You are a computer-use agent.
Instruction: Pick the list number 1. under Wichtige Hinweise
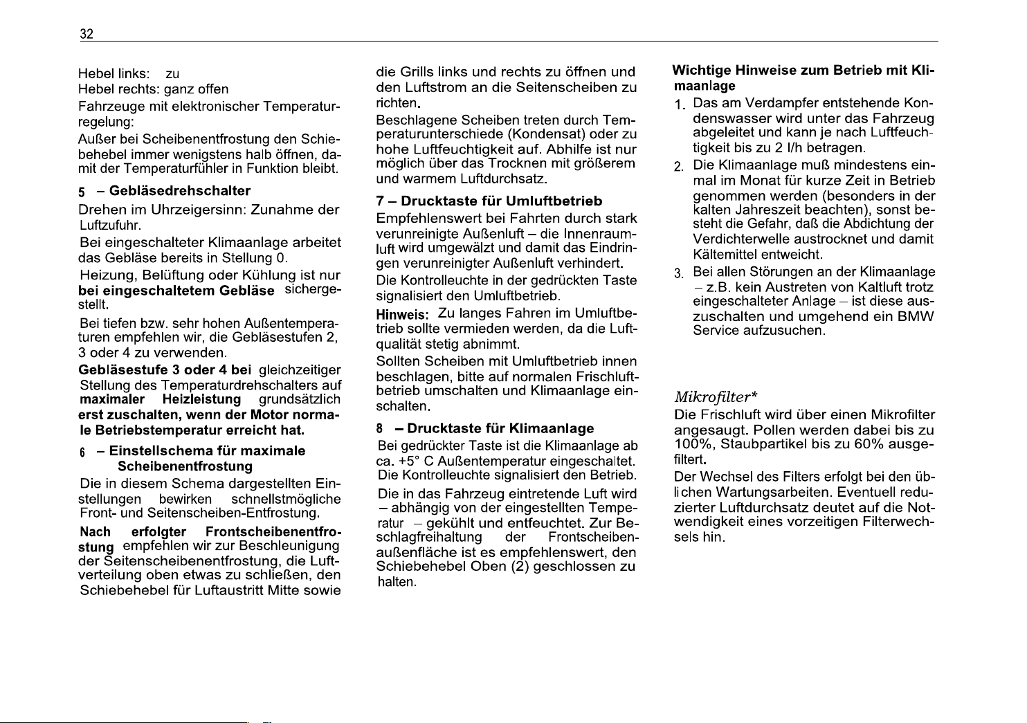coord(680,104)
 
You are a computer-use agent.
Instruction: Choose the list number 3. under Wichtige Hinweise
coord(680,273)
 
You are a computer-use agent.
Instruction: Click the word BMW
coord(916,316)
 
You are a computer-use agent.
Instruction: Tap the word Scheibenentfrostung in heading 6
coord(185,466)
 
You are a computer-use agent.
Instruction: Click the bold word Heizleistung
coord(201,400)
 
